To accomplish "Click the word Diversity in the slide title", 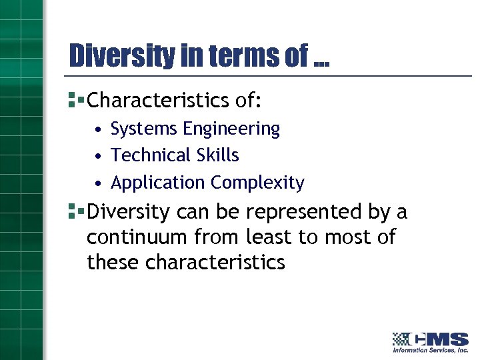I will click(x=122, y=56).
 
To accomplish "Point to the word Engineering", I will click(x=230, y=129).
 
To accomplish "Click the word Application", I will click(x=158, y=183).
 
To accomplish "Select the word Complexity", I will click(x=258, y=183).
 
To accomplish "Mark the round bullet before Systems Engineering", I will click(x=98, y=129).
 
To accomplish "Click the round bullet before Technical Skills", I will click(x=98, y=156).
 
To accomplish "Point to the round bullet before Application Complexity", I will click(x=98, y=183).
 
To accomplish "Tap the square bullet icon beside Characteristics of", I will click(x=75, y=101).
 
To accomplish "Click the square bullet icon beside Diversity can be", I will click(x=75, y=212).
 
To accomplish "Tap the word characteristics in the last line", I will click(x=215, y=263).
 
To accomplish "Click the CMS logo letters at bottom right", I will click(x=440, y=338).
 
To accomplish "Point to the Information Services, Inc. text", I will click(x=430, y=350).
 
